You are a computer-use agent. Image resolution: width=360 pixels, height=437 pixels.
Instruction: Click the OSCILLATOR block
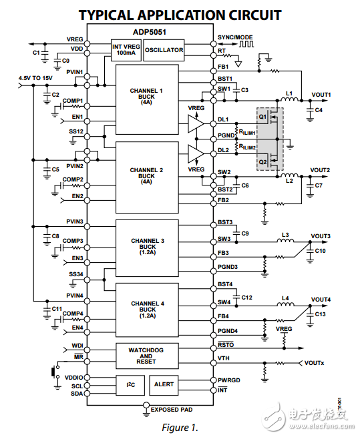click(x=164, y=50)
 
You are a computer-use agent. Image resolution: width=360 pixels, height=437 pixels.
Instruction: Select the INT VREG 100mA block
click(x=125, y=49)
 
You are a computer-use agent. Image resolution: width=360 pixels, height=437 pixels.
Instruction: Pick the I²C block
click(x=130, y=384)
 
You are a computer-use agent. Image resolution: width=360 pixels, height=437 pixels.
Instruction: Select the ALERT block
click(x=164, y=384)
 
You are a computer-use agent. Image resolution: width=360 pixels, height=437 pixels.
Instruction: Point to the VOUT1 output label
click(x=321, y=95)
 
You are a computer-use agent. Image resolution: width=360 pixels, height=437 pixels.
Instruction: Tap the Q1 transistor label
click(x=263, y=117)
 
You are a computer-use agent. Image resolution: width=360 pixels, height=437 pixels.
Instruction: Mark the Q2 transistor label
click(x=263, y=162)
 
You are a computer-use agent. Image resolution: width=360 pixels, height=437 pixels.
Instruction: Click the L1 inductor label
click(x=289, y=93)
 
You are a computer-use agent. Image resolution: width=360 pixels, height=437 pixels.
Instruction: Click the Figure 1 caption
click(x=180, y=426)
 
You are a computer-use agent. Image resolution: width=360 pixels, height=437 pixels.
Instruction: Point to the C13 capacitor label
click(x=321, y=314)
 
